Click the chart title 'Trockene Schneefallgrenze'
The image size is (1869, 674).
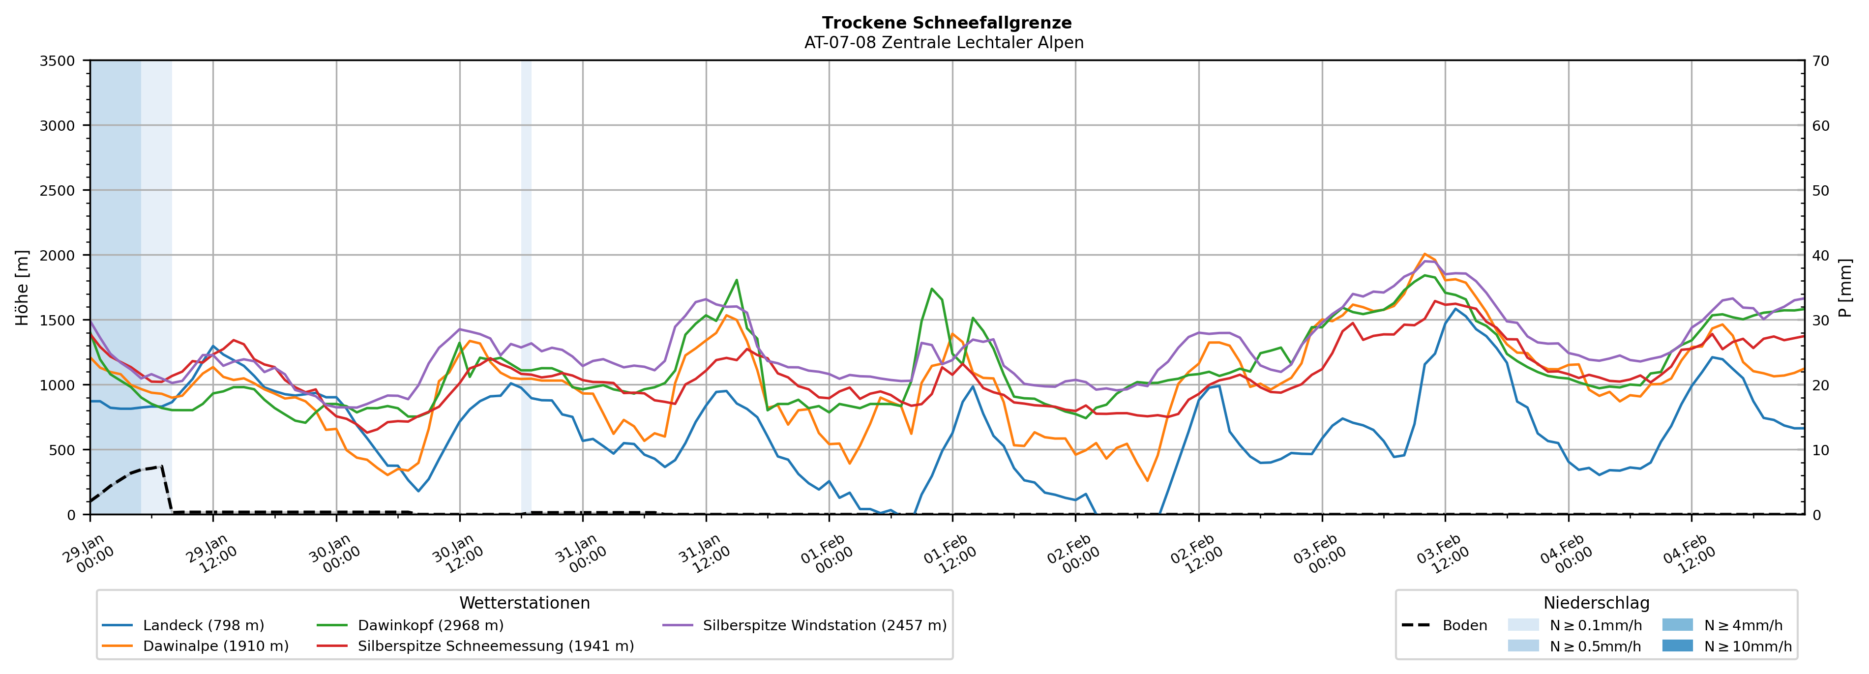946,23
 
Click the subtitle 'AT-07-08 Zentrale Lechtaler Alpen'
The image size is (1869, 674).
943,43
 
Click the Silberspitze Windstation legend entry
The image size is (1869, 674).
824,625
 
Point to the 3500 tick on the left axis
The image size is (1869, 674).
58,61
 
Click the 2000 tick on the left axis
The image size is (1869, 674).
58,255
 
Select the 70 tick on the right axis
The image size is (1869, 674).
1820,61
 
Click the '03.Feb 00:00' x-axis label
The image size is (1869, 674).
1318,557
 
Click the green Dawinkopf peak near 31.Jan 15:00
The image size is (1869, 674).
737,280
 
